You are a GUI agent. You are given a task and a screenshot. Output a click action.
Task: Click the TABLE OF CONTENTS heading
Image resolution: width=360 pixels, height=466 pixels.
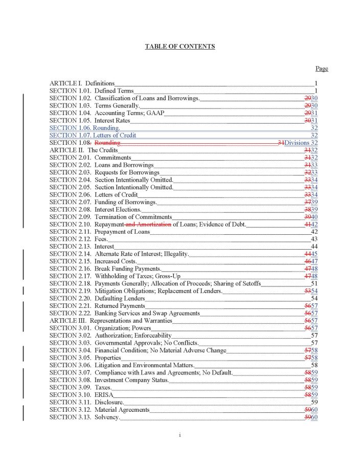click(x=179, y=47)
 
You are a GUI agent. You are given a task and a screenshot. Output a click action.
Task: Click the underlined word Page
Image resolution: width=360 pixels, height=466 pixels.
click(x=322, y=69)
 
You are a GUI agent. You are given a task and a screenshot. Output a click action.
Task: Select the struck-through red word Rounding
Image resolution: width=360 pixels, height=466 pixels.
click(x=107, y=143)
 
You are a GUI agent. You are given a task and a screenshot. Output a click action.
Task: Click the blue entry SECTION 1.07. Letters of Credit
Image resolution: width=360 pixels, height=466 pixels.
click(x=93, y=136)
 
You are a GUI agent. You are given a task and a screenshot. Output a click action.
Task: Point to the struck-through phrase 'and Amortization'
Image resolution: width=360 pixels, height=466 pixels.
click(x=148, y=224)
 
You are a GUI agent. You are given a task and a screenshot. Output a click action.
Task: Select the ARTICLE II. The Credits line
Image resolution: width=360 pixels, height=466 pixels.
click(x=84, y=150)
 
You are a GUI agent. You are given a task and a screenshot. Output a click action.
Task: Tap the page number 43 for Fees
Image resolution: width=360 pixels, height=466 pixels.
click(x=314, y=239)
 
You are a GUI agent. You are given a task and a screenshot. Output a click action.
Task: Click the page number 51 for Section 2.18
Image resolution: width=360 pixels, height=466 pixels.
click(x=314, y=283)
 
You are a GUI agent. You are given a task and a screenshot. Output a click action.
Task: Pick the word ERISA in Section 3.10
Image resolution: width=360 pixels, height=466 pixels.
click(x=104, y=395)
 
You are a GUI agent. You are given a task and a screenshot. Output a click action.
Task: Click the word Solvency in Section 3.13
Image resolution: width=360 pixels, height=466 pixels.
click(x=106, y=417)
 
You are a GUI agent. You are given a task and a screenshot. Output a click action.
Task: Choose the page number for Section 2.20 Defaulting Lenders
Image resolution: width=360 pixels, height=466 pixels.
click(x=314, y=298)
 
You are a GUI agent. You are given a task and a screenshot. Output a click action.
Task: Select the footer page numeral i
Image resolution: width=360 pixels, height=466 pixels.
click(x=180, y=435)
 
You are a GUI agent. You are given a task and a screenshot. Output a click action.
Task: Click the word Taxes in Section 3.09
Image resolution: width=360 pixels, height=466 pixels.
click(x=103, y=388)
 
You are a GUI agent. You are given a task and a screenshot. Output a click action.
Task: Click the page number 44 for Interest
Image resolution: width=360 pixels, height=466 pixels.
click(x=314, y=247)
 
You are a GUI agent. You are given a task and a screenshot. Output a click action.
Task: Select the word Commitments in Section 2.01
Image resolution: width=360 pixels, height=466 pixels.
click(x=112, y=158)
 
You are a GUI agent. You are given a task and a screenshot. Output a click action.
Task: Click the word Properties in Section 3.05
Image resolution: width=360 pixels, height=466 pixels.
click(x=107, y=358)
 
